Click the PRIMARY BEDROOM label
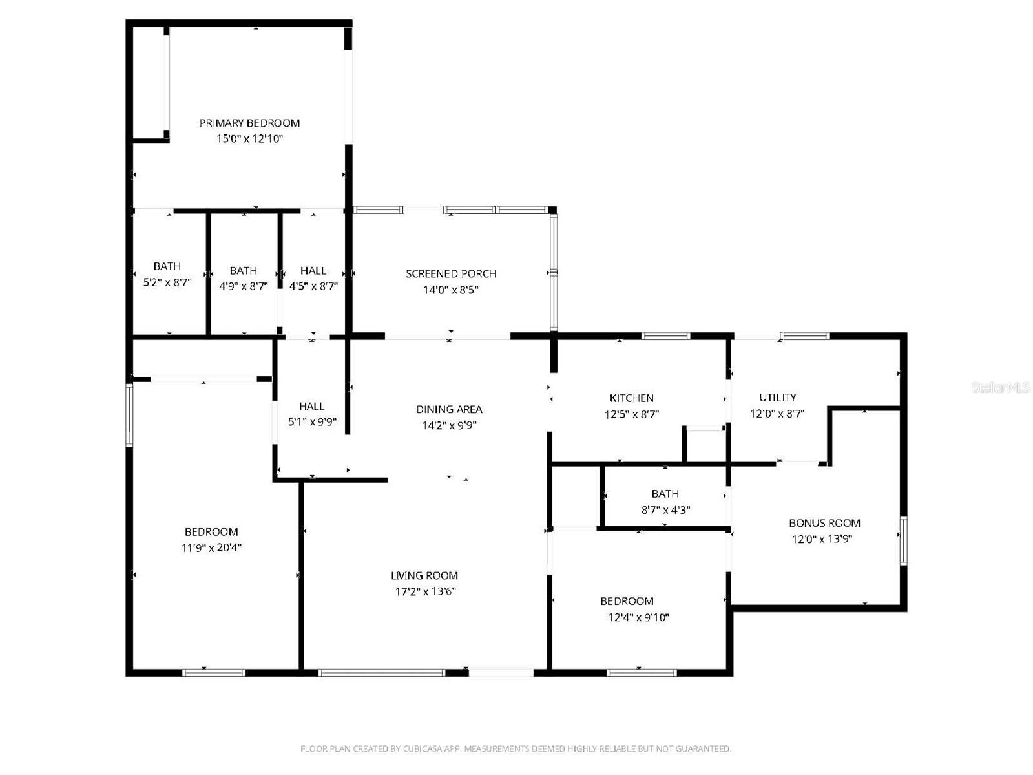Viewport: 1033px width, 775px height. click(249, 123)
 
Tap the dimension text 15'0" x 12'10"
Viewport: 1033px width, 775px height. click(249, 139)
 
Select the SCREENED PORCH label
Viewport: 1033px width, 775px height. click(451, 273)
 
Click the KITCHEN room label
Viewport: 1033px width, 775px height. click(632, 398)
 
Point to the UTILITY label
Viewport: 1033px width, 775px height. click(777, 398)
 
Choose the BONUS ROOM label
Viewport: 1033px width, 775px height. click(824, 523)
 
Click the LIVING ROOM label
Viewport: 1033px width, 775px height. click(424, 575)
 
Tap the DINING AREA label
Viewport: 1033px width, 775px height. click(449, 409)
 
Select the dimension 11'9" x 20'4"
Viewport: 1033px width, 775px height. click(211, 548)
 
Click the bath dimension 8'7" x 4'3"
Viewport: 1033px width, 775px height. click(665, 510)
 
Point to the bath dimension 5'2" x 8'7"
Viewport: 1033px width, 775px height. click(167, 282)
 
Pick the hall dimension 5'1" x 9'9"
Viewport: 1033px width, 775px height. click(312, 423)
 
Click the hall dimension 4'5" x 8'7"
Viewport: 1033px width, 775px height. click(313, 286)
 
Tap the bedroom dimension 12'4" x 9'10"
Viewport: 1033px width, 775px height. click(638, 617)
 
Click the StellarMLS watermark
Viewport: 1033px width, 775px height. click(1001, 388)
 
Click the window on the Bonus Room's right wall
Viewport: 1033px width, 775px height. click(903, 541)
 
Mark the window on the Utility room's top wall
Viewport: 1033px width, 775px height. click(804, 336)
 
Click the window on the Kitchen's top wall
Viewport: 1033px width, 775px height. click(665, 336)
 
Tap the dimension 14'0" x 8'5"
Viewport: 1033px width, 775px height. click(450, 290)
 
